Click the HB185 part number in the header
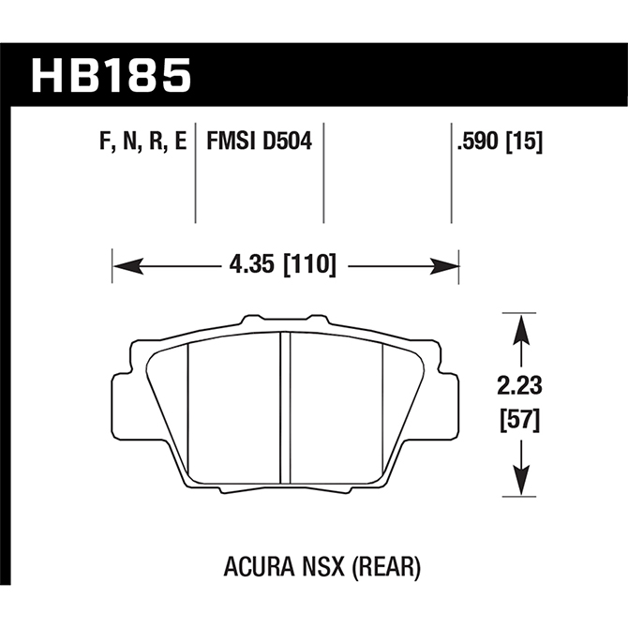pyautogui.click(x=111, y=76)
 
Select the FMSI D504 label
pyautogui.click(x=259, y=142)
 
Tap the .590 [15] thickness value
pyautogui.click(x=500, y=142)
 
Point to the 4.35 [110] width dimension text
pyautogui.click(x=282, y=265)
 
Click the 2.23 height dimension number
pyautogui.click(x=519, y=386)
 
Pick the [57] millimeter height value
pyautogui.click(x=520, y=420)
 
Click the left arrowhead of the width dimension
pyautogui.click(x=128, y=266)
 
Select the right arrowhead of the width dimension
pyautogui.click(x=444, y=266)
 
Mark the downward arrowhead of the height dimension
pyautogui.click(x=520, y=480)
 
